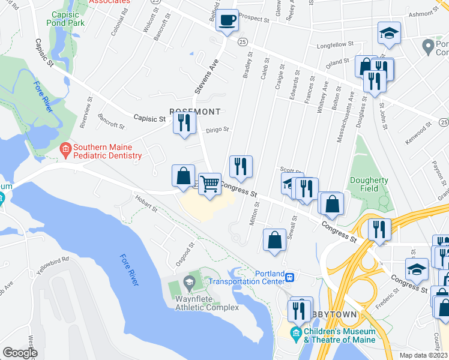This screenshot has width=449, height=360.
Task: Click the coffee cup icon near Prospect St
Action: (x=228, y=20)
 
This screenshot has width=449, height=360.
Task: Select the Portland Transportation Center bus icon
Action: (x=290, y=277)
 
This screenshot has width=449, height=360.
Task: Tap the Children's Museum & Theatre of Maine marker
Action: (x=296, y=332)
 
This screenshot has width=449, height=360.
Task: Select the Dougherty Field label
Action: (x=370, y=184)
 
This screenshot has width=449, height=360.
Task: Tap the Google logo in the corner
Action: (x=20, y=353)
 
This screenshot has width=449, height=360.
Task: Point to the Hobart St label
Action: (x=146, y=204)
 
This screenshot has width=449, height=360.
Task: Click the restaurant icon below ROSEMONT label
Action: (x=184, y=123)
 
